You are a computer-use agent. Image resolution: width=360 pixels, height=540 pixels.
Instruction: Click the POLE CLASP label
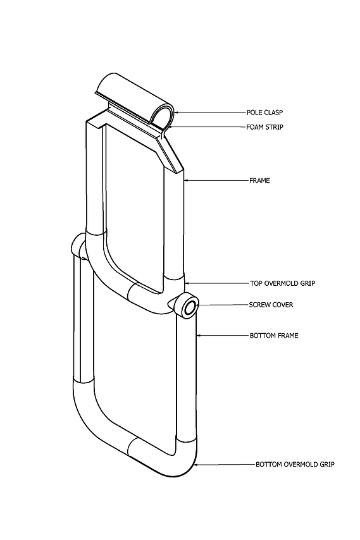(x=264, y=113)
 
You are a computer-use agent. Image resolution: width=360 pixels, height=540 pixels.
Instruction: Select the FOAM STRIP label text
(x=264, y=127)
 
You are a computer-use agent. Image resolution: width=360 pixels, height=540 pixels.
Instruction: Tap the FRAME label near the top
(x=259, y=180)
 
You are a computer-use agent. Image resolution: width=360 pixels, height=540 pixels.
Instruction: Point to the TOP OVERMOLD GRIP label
(x=282, y=283)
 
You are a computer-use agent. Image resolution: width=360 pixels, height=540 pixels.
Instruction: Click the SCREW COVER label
(x=271, y=305)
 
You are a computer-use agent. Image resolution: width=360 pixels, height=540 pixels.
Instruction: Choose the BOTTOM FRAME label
(x=274, y=335)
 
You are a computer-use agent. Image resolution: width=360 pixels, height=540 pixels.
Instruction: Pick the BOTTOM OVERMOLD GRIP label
(x=295, y=464)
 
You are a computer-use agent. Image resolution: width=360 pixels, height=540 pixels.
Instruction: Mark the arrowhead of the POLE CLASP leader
(x=177, y=113)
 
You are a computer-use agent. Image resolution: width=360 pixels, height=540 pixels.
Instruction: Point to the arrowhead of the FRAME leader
(x=187, y=180)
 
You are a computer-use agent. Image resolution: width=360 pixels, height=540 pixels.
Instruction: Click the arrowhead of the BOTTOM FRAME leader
(x=199, y=335)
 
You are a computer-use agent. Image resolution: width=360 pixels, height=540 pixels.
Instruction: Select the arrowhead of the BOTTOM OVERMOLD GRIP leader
(x=196, y=465)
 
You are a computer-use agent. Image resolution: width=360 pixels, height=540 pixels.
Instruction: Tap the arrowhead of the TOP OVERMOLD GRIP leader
(x=187, y=283)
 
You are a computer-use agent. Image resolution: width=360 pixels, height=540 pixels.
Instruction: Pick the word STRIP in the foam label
(x=275, y=127)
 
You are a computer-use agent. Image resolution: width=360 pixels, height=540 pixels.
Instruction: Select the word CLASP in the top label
(x=273, y=113)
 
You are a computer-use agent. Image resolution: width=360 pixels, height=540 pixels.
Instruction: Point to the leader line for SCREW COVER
(x=223, y=305)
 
